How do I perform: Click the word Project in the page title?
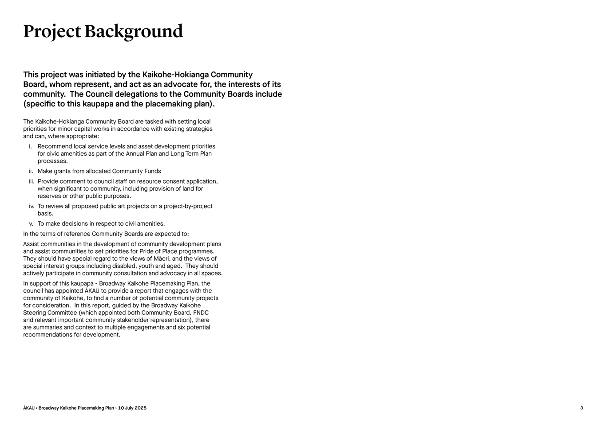coord(52,32)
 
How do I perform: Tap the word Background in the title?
coord(133,32)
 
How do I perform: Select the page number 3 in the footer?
coord(582,408)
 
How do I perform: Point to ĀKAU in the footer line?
coord(29,408)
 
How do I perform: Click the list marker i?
coord(31,146)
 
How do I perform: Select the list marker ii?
coord(31,171)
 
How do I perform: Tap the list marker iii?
coord(32,181)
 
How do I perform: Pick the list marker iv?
coord(32,206)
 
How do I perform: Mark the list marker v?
coord(31,224)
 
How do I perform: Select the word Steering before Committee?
coord(35,313)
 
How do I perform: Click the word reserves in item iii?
coord(49,196)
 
